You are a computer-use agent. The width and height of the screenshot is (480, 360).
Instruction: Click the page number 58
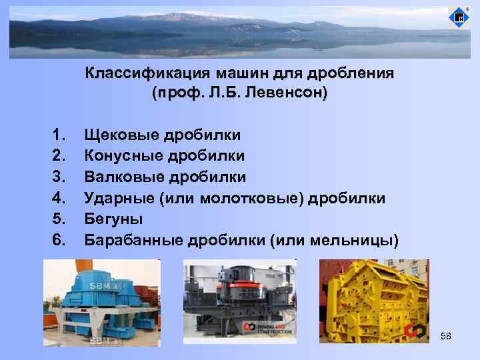click(446, 337)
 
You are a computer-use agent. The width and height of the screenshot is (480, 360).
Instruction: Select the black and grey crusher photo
click(239, 301)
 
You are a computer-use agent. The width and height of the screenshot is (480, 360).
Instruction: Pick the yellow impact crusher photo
click(373, 301)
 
